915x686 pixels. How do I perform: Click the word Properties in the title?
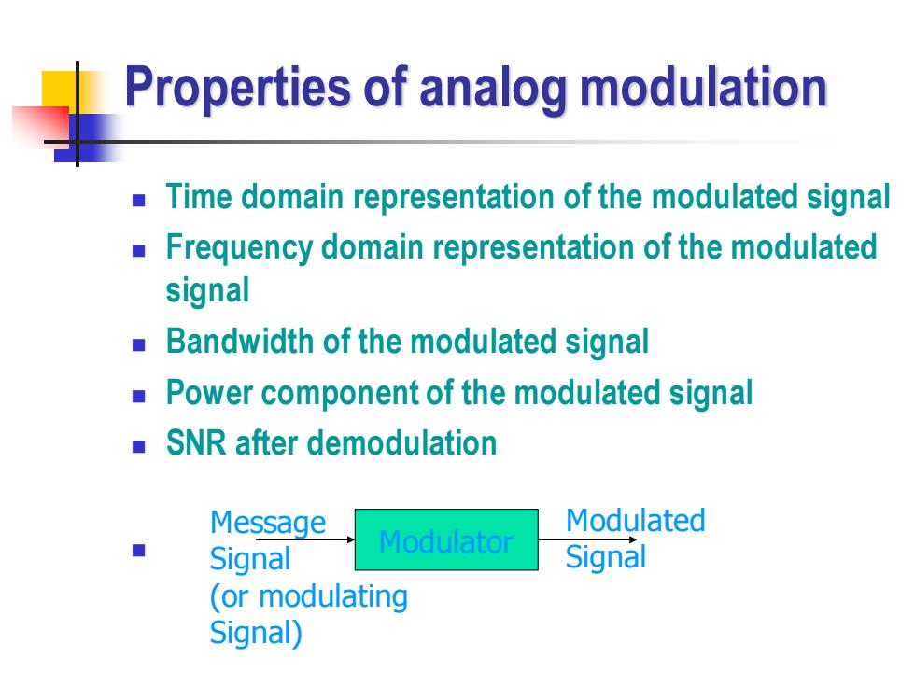237,88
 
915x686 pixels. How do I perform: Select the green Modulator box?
446,539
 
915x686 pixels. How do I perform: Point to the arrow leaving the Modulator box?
587,539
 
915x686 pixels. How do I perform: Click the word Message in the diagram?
268,523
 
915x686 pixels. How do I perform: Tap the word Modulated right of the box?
636,521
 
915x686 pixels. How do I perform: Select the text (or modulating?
309,596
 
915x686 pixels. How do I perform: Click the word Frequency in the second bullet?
239,248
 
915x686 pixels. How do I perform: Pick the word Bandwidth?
240,341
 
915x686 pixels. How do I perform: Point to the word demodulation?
402,442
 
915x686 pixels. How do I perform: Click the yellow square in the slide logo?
60,90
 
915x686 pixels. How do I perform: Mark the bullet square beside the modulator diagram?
139,550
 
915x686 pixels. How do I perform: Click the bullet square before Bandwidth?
139,345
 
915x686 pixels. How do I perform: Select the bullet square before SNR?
139,447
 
